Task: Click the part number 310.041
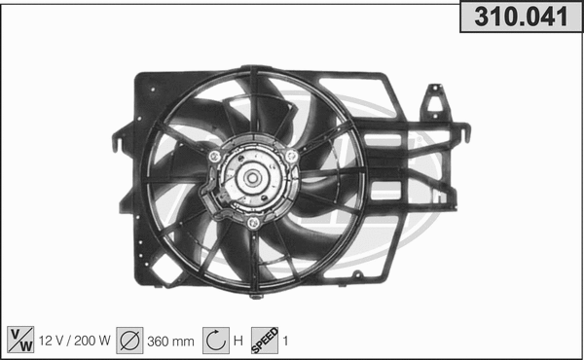coord(521,18)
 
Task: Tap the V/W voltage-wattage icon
coord(19,340)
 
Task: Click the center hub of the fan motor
coord(251,179)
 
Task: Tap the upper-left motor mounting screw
coord(214,156)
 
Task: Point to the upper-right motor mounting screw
coord(291,156)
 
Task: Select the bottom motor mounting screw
coord(252,223)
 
